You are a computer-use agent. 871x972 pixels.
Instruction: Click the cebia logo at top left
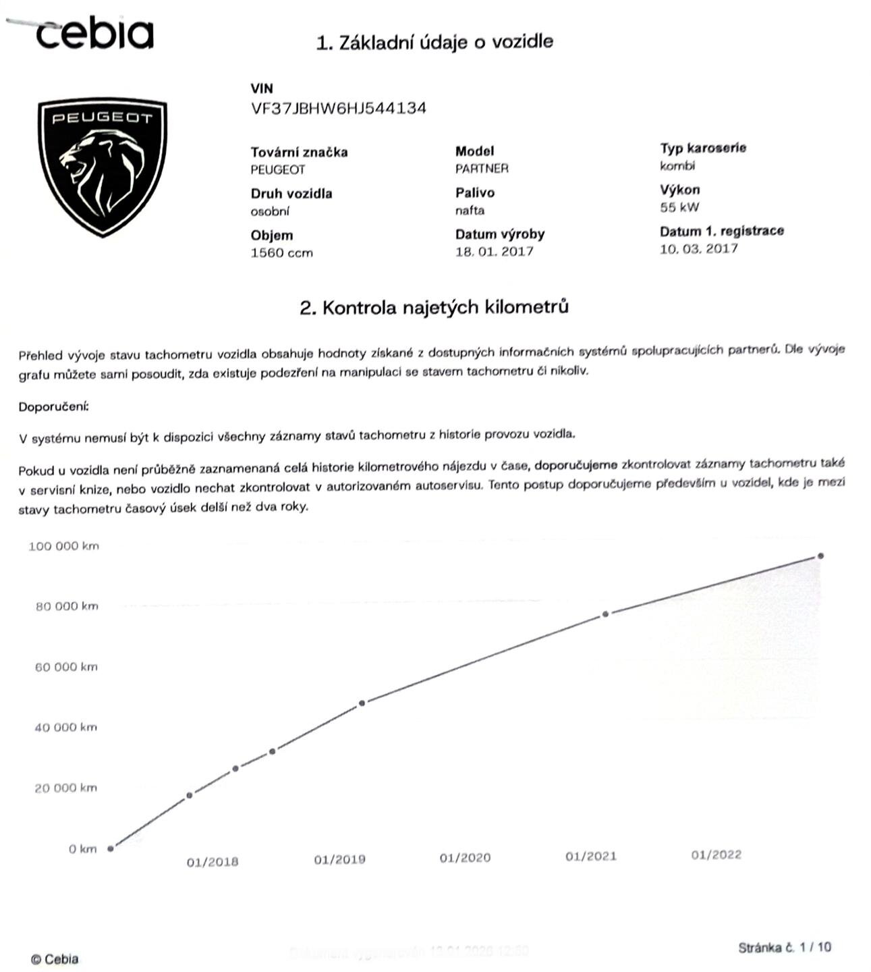click(x=94, y=33)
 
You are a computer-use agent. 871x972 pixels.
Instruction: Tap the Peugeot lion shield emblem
click(x=102, y=166)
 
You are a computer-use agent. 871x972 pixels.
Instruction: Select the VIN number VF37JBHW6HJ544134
click(x=338, y=109)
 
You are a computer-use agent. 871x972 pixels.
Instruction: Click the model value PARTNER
click(x=482, y=169)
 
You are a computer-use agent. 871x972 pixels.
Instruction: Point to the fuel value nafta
click(x=470, y=211)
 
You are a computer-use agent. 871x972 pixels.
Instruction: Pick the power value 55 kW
click(x=679, y=207)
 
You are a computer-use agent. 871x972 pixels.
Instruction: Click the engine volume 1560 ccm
click(x=281, y=253)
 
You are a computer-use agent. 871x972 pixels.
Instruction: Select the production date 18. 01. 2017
click(x=494, y=252)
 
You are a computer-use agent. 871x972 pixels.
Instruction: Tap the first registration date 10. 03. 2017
click(x=698, y=248)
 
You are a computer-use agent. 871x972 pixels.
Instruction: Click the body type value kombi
click(x=677, y=166)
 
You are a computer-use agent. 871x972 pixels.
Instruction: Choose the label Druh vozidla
click(x=291, y=194)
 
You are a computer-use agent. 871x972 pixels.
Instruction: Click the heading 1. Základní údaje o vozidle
click(x=434, y=42)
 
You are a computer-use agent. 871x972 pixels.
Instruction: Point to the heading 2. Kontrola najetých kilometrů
click(x=434, y=308)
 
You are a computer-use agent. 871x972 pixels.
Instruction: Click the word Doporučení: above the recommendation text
click(x=53, y=407)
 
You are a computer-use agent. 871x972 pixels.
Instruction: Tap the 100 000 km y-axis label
click(x=63, y=546)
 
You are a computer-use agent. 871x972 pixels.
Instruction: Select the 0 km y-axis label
click(x=82, y=849)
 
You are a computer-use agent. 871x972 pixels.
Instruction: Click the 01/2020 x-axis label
click(x=465, y=858)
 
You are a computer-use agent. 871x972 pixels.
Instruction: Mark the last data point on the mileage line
click(x=820, y=556)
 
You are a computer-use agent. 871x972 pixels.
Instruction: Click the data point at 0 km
click(x=111, y=848)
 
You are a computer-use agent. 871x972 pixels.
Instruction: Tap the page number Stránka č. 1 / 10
click(x=785, y=948)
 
